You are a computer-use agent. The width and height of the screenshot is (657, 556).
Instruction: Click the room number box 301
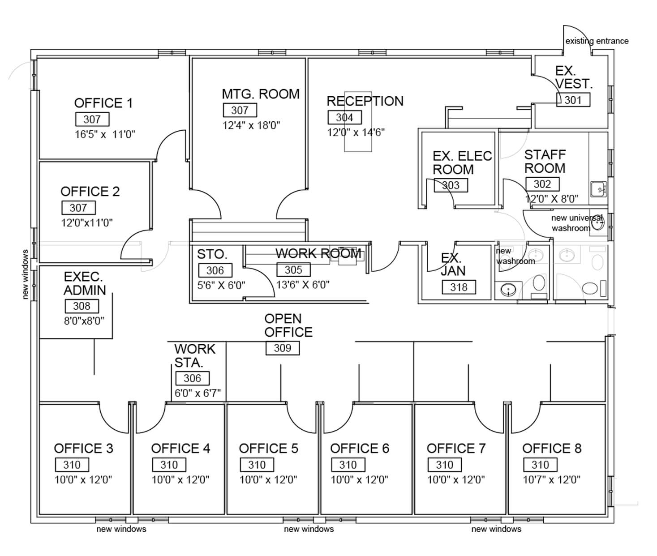[x=573, y=100]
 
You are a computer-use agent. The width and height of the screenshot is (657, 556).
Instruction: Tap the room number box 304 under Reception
[x=344, y=117]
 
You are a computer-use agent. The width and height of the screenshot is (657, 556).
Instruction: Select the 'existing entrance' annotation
[x=597, y=41]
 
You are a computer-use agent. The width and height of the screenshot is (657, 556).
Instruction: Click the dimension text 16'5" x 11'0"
[x=105, y=134]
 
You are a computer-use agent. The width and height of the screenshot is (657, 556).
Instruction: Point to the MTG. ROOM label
[x=261, y=94]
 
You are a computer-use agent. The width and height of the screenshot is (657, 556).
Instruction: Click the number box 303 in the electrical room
[x=451, y=185]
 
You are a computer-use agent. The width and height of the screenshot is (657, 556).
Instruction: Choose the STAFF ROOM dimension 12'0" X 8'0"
[x=551, y=199]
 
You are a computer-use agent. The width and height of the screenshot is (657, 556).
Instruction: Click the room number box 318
[x=459, y=287]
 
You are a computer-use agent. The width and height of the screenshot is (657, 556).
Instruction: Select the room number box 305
[x=293, y=270]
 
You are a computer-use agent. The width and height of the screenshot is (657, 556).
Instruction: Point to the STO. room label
[x=212, y=254]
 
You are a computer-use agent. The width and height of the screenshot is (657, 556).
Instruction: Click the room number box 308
[x=82, y=306]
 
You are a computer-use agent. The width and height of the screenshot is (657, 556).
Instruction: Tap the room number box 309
[x=283, y=348]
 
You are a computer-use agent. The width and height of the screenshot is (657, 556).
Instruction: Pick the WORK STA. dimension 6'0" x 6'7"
[x=198, y=393]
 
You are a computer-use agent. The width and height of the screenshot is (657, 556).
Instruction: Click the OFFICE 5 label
[x=269, y=448]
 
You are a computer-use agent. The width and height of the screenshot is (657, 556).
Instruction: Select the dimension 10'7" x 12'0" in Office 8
[x=551, y=479]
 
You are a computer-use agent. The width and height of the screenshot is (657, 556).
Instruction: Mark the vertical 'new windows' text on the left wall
[x=26, y=274]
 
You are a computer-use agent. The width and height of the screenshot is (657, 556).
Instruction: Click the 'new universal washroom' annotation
[x=576, y=223]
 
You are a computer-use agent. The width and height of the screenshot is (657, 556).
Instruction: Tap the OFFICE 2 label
[x=90, y=192]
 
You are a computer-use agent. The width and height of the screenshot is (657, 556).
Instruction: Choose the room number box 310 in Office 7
[x=444, y=465]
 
